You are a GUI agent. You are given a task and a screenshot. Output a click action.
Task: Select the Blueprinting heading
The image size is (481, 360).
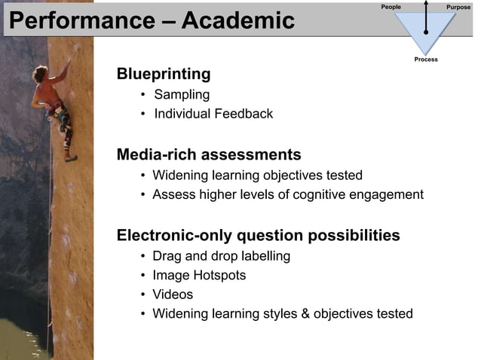point(163,75)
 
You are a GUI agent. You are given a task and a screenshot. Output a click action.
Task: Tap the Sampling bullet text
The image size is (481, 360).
point(182,95)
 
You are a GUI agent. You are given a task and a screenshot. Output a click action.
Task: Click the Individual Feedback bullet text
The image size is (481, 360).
point(213,114)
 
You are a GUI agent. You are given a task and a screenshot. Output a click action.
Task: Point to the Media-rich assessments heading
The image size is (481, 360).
point(209,156)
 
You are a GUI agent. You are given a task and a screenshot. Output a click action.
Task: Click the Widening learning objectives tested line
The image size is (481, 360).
point(257,175)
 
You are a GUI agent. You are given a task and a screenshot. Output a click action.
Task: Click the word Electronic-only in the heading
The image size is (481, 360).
point(170,236)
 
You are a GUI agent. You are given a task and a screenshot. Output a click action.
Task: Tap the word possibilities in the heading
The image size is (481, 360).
point(352,236)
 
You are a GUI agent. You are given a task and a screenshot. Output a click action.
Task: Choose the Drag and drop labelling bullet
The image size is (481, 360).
point(221,256)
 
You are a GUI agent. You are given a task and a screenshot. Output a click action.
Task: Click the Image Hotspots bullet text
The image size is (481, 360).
point(199,276)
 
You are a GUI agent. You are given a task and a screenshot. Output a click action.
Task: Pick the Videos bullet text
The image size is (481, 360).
point(173,294)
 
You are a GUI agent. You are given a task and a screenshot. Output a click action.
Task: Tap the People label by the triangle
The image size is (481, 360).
point(391,7)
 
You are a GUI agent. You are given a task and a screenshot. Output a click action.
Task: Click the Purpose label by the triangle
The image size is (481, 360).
point(458,7)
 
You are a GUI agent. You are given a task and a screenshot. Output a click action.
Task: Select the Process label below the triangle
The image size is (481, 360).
point(426,59)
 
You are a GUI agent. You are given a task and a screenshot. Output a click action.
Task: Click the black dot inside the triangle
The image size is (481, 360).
point(427,32)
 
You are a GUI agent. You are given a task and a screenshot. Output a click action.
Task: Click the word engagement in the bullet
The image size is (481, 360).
point(389,195)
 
